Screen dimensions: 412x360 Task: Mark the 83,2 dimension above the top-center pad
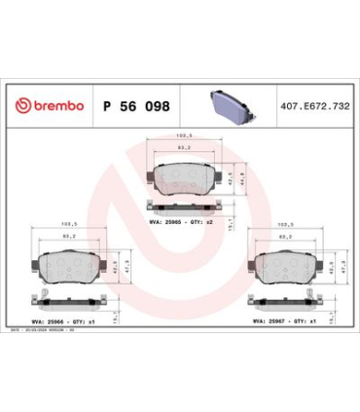click(181, 148)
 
